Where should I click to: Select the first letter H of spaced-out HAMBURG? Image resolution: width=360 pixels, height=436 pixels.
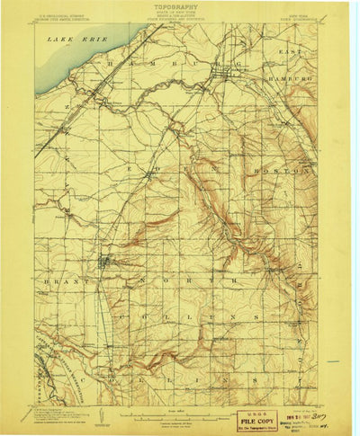[109, 65]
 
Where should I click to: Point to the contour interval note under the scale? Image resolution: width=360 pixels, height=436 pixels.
[180, 423]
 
